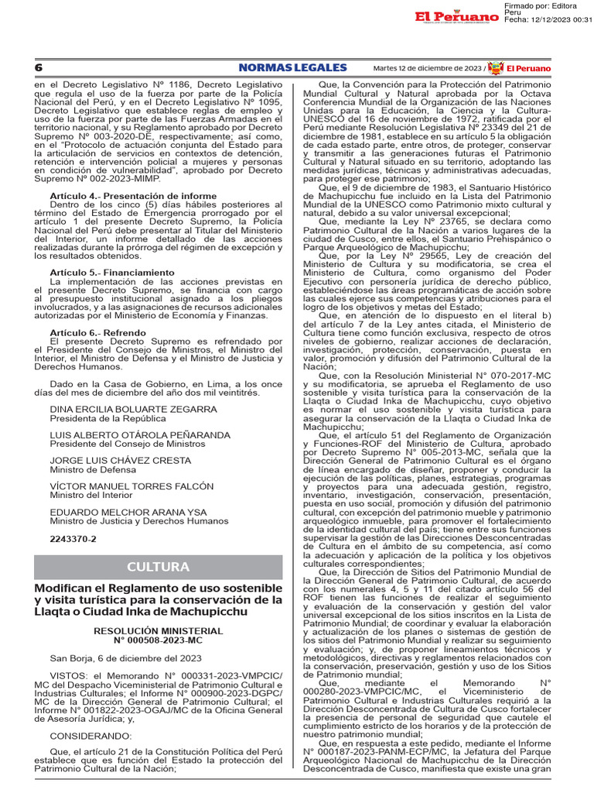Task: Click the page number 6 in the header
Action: (x=38, y=68)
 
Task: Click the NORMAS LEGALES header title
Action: (x=292, y=68)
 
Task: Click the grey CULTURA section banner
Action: (x=159, y=568)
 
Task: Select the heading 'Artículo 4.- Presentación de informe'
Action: (x=133, y=197)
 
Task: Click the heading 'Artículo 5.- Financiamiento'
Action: (x=112, y=273)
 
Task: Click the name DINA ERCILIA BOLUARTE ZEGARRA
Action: (x=134, y=409)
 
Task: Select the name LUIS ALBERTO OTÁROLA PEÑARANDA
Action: (x=140, y=434)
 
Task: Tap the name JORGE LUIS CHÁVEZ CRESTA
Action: (x=120, y=460)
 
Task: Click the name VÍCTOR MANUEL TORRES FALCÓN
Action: (x=131, y=486)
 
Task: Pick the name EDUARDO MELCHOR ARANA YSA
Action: (x=128, y=512)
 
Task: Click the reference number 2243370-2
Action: (x=73, y=538)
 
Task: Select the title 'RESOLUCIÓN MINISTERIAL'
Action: (x=158, y=631)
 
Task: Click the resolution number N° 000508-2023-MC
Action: (x=158, y=640)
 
